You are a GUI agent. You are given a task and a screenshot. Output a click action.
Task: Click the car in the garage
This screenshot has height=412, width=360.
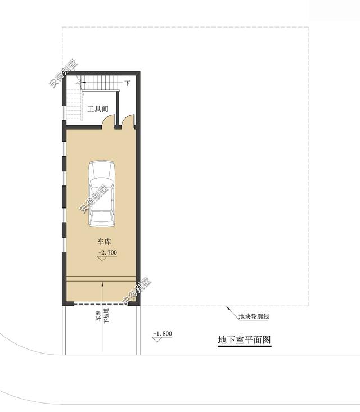pyautogui.click(x=101, y=194)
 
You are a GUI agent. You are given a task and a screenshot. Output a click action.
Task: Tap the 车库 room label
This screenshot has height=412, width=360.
pyautogui.click(x=104, y=242)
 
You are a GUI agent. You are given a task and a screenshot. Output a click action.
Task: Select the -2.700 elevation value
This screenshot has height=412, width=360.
pyautogui.click(x=107, y=252)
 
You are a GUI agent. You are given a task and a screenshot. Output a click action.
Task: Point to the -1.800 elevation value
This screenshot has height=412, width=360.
pyautogui.click(x=163, y=333)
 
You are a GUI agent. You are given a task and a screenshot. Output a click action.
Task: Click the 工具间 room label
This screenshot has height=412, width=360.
pyautogui.click(x=97, y=109)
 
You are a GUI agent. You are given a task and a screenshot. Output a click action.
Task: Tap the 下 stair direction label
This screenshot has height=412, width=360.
pyautogui.click(x=127, y=83)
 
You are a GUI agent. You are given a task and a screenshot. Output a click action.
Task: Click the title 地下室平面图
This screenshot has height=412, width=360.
pyautogui.click(x=244, y=339)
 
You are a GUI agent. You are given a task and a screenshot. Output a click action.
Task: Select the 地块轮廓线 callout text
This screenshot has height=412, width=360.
pyautogui.click(x=254, y=316)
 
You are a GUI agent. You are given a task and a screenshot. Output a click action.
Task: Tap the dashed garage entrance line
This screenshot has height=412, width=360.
pyautogui.click(x=100, y=304)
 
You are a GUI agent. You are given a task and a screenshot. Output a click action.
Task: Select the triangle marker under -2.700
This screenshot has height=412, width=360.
pyautogui.click(x=102, y=259)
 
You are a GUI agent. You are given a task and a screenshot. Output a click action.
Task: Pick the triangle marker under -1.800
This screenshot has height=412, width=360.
pyautogui.click(x=157, y=339)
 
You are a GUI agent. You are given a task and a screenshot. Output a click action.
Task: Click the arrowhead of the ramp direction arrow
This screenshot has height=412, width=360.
pyautogui.click(x=102, y=283)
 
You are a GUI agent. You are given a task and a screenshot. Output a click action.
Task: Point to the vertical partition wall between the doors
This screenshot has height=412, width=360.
pyautogui.click(x=118, y=108)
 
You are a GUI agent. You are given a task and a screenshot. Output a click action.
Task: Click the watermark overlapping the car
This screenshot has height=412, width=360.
pyautogui.click(x=94, y=198)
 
